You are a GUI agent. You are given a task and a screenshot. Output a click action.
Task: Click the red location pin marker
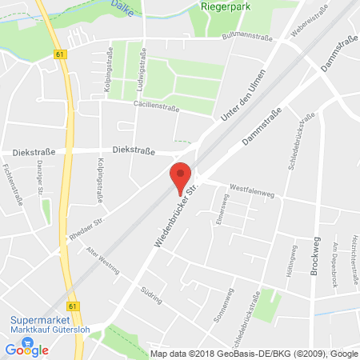pos(183,177)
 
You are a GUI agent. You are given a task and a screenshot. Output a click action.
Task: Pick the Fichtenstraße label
pos(10,183)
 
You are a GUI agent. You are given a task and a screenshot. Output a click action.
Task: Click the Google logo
pos(26,350)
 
